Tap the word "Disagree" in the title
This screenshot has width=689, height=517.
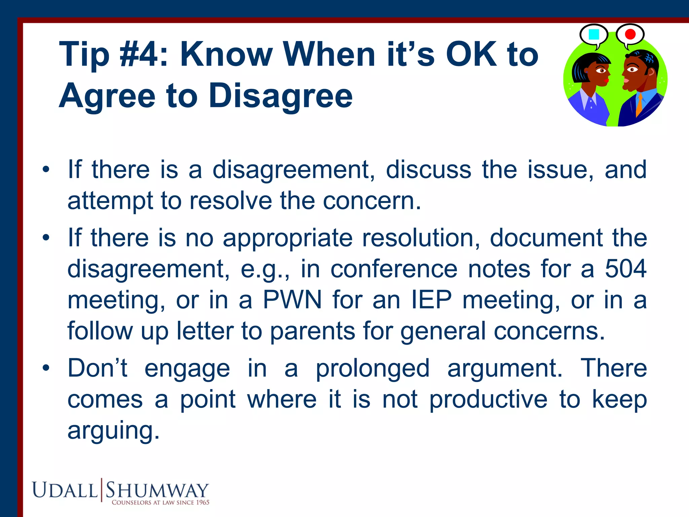tap(281, 96)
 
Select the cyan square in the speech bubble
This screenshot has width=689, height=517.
tap(594, 34)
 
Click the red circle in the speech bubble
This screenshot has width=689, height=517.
tap(630, 34)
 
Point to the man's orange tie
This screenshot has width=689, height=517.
tap(639, 105)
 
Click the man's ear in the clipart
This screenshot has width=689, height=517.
tap(651, 72)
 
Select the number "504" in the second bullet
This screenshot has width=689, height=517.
tap(626, 269)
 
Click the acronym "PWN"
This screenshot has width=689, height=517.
tap(292, 300)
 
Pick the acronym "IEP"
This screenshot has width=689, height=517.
tap(432, 300)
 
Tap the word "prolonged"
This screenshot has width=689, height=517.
tap(373, 368)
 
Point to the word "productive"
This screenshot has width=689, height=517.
tap(488, 399)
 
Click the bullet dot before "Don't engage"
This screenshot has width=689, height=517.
tap(46, 368)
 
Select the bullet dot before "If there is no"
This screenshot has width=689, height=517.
tap(46, 238)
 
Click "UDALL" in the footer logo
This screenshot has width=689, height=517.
tap(65, 490)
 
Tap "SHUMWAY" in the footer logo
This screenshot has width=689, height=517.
tap(157, 490)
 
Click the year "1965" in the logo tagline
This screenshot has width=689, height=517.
tap(203, 503)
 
